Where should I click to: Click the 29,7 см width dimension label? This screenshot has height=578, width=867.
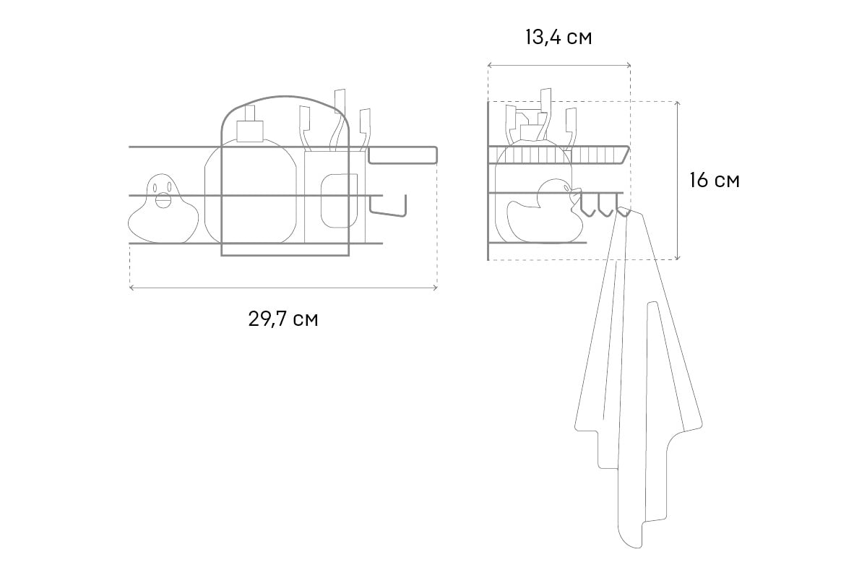pyautogui.click(x=283, y=319)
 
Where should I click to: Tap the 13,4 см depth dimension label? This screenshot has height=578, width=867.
pyautogui.click(x=558, y=38)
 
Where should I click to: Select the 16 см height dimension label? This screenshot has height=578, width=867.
pyautogui.click(x=715, y=181)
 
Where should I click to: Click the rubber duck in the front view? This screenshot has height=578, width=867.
pyautogui.click(x=163, y=209)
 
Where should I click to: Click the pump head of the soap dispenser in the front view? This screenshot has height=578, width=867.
pyautogui.click(x=250, y=124)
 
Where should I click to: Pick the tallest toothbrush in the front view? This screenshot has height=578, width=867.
pyautogui.click(x=337, y=120)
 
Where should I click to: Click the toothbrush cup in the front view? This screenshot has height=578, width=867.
pyautogui.click(x=335, y=197)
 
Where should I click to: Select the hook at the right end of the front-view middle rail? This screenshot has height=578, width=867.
pyautogui.click(x=388, y=206)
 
